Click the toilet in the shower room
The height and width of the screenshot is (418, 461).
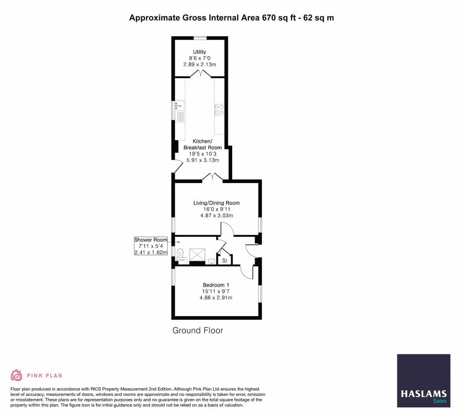[x=180, y=254]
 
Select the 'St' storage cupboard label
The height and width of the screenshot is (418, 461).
[x=225, y=260]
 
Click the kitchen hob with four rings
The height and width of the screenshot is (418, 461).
[x=219, y=110]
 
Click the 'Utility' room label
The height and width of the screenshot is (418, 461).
[x=199, y=52]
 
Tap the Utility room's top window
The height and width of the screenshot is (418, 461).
[x=200, y=38]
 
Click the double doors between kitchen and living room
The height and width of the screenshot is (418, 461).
[x=213, y=177]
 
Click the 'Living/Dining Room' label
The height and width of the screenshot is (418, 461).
[x=216, y=203]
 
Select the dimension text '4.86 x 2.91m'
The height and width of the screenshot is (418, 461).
[x=216, y=298]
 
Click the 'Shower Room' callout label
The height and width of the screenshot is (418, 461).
[x=151, y=240]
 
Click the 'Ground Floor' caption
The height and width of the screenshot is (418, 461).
[x=198, y=331]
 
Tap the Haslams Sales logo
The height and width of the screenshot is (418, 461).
[x=423, y=380]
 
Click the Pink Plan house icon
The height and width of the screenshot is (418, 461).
[x=16, y=375]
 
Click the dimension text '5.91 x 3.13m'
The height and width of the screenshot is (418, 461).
[x=202, y=160]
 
